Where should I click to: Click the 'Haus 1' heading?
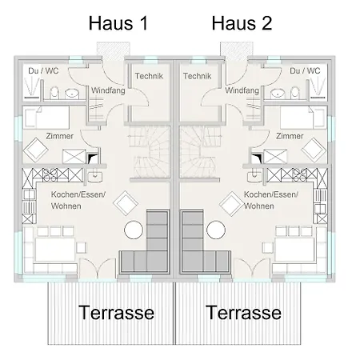(x=118, y=23)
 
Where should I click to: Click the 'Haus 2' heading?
(x=242, y=23)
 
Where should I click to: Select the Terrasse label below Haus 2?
(x=244, y=312)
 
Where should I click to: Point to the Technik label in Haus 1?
(x=150, y=75)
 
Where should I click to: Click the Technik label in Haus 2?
(x=196, y=75)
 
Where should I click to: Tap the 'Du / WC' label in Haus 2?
(x=305, y=71)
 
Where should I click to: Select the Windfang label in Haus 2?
(x=242, y=91)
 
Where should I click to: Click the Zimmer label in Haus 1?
(x=59, y=136)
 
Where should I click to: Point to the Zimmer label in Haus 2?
(x=289, y=136)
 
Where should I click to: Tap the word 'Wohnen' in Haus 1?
(x=66, y=206)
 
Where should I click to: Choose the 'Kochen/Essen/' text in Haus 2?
(x=270, y=195)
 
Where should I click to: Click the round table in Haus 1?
(x=134, y=231)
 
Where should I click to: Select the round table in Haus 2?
(x=215, y=231)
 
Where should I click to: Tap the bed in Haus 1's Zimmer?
(x=48, y=118)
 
